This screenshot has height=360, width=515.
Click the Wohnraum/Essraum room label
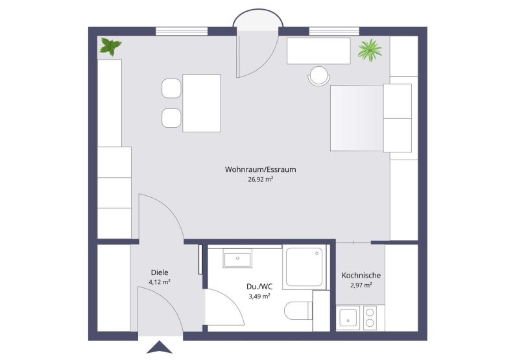pyautogui.click(x=260, y=169)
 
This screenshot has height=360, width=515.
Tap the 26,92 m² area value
pyautogui.click(x=261, y=179)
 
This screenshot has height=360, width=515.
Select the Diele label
pyautogui.click(x=160, y=272)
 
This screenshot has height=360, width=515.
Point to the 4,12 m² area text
pyautogui.click(x=160, y=282)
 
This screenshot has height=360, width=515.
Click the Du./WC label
pyautogui.click(x=259, y=287)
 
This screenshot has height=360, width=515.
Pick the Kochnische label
pyautogui.click(x=361, y=275)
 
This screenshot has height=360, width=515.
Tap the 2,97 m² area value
pyautogui.click(x=361, y=285)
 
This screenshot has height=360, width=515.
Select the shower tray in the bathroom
pyautogui.click(x=304, y=267)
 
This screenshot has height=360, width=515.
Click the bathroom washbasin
pyautogui.click(x=237, y=258)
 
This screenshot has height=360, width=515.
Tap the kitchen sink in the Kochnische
pyautogui.click(x=348, y=318)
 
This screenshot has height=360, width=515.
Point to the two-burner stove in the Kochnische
pyautogui.click(x=370, y=318)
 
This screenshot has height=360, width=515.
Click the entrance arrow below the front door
pyautogui.click(x=160, y=347)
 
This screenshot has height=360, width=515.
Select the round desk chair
pyautogui.click(x=318, y=76)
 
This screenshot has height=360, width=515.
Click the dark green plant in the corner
pyautogui.click(x=110, y=47)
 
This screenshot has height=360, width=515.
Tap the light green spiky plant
pyautogui.click(x=370, y=50)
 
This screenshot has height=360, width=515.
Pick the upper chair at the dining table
pyautogui.click(x=171, y=88)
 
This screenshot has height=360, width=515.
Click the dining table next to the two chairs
pyautogui.click(x=202, y=103)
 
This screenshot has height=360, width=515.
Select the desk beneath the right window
pyautogui.click(x=318, y=51)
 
